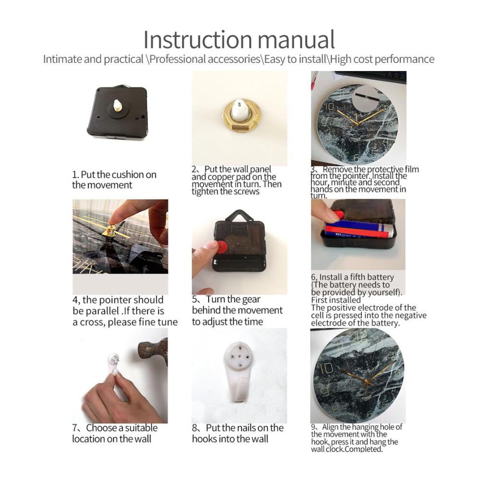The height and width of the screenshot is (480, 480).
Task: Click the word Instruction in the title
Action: pos(198,39)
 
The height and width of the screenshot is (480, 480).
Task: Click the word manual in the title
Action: pos(296,39)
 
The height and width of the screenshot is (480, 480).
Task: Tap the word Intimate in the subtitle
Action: pos(62,59)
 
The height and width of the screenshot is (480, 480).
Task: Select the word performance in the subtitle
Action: pos(404,59)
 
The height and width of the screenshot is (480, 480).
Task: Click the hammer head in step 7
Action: pos(153,351)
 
